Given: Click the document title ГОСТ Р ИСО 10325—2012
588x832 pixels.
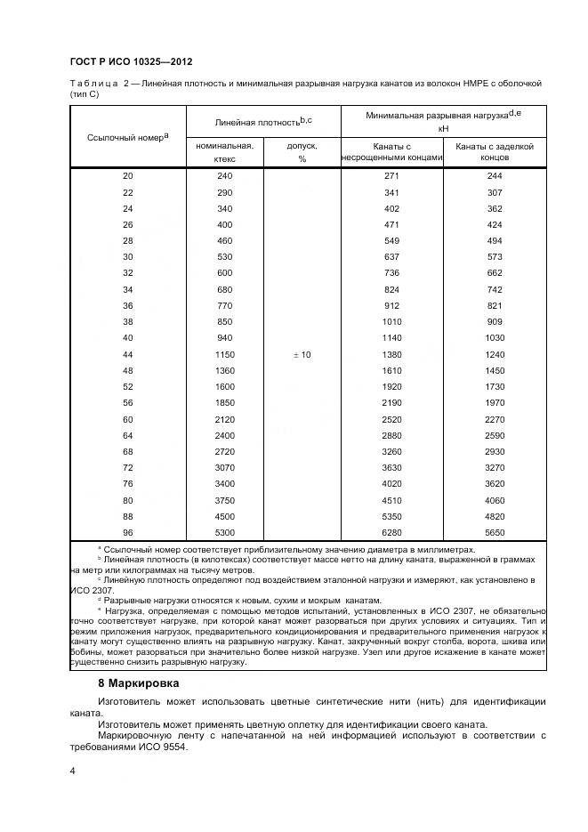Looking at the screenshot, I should click(131, 61).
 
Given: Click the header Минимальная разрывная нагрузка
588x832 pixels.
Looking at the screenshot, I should click(443, 115).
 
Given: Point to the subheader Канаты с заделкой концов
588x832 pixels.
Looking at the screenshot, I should click(495, 152).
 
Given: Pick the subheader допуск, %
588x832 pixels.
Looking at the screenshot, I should click(302, 152).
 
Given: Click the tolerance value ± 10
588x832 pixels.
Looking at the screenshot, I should click(302, 355).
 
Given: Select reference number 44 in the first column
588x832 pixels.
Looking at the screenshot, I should click(127, 355).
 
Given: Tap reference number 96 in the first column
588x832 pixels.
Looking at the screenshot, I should click(127, 531).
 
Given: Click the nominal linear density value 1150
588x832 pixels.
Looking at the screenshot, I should click(224, 355).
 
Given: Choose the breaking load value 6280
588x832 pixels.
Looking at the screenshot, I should click(392, 531).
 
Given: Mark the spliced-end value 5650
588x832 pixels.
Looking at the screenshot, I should click(495, 531).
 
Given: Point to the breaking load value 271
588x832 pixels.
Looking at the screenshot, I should click(392, 176).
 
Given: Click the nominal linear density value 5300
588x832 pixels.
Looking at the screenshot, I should click(224, 531).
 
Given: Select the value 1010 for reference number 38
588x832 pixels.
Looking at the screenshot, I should click(392, 322).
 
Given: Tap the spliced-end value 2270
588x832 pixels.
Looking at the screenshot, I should click(495, 419).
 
